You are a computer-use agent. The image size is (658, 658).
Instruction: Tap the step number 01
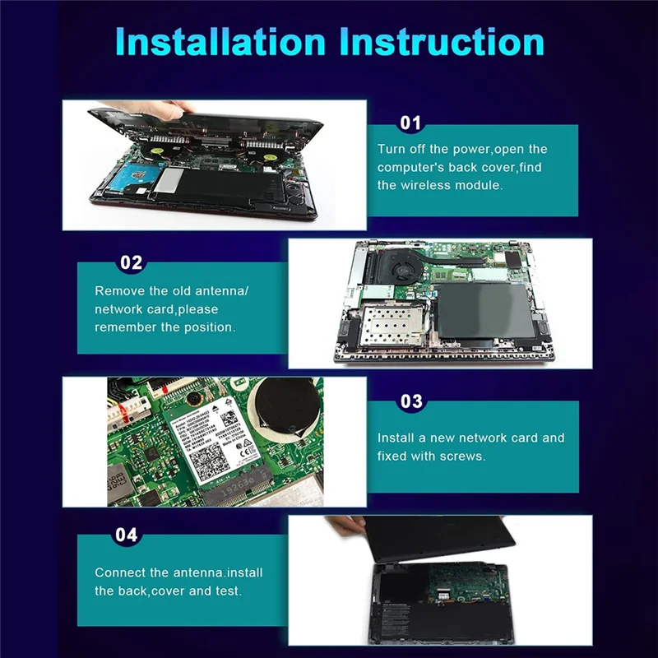[410, 123]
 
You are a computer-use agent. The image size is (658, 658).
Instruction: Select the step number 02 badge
[131, 263]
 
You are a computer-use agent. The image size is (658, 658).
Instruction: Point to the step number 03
[410, 401]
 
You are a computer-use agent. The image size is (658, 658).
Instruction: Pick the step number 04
[126, 535]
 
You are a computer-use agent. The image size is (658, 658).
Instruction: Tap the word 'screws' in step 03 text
[464, 456]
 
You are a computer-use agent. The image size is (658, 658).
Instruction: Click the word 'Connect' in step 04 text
[119, 572]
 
